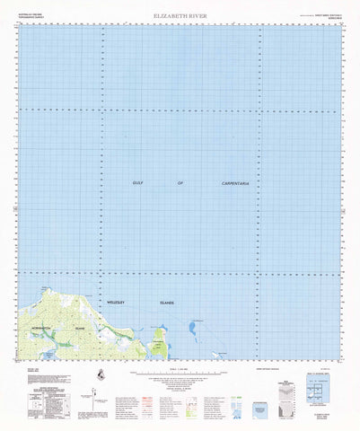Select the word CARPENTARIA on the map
coord(234,183)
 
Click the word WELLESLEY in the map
coord(118,303)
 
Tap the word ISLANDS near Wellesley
coord(167,303)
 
